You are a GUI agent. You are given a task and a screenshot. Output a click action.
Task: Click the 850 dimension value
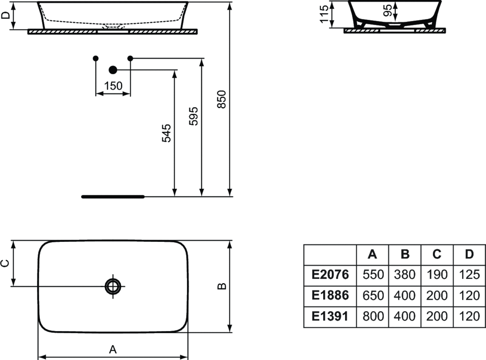coord(222,99)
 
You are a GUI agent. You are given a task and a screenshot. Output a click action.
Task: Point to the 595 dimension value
coord(194,116)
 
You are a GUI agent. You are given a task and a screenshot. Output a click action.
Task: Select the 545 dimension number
coord(167,133)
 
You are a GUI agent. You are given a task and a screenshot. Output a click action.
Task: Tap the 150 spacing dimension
coord(113,85)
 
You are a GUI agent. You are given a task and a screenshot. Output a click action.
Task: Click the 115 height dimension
coord(324,14)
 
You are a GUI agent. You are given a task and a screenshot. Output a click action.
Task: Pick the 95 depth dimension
coord(387,10)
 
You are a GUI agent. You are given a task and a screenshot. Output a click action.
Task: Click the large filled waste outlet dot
coord(113,70)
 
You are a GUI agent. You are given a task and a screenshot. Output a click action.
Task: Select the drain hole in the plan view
coord(113,286)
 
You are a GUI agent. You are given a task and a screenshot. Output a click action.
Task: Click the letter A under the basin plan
coord(113,350)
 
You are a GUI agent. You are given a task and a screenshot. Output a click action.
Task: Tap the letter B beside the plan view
coord(222,286)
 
